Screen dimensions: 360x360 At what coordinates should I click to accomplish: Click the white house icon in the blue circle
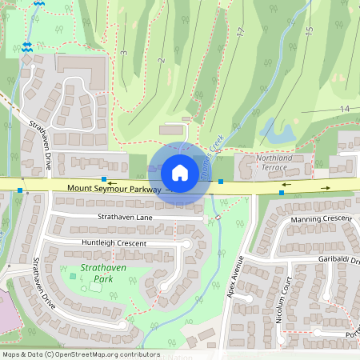[x=180, y=172]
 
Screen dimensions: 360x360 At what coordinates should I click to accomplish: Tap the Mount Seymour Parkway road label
[x=114, y=190]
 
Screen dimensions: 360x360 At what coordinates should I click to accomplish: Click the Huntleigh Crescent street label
[x=113, y=242]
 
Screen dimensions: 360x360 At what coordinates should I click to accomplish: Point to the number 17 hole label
[x=240, y=32]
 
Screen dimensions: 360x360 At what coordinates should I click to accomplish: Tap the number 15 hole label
[x=309, y=32]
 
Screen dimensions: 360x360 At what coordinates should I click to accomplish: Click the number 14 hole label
[x=345, y=108]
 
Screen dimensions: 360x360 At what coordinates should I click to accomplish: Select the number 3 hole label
[x=125, y=53]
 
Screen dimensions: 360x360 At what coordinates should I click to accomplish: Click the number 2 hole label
[x=161, y=60]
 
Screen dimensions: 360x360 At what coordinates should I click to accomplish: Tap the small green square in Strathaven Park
[x=74, y=276]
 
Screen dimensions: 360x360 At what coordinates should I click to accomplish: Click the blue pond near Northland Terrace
[x=278, y=133]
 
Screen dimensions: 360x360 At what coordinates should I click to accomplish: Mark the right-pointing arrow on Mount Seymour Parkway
[x=326, y=187]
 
